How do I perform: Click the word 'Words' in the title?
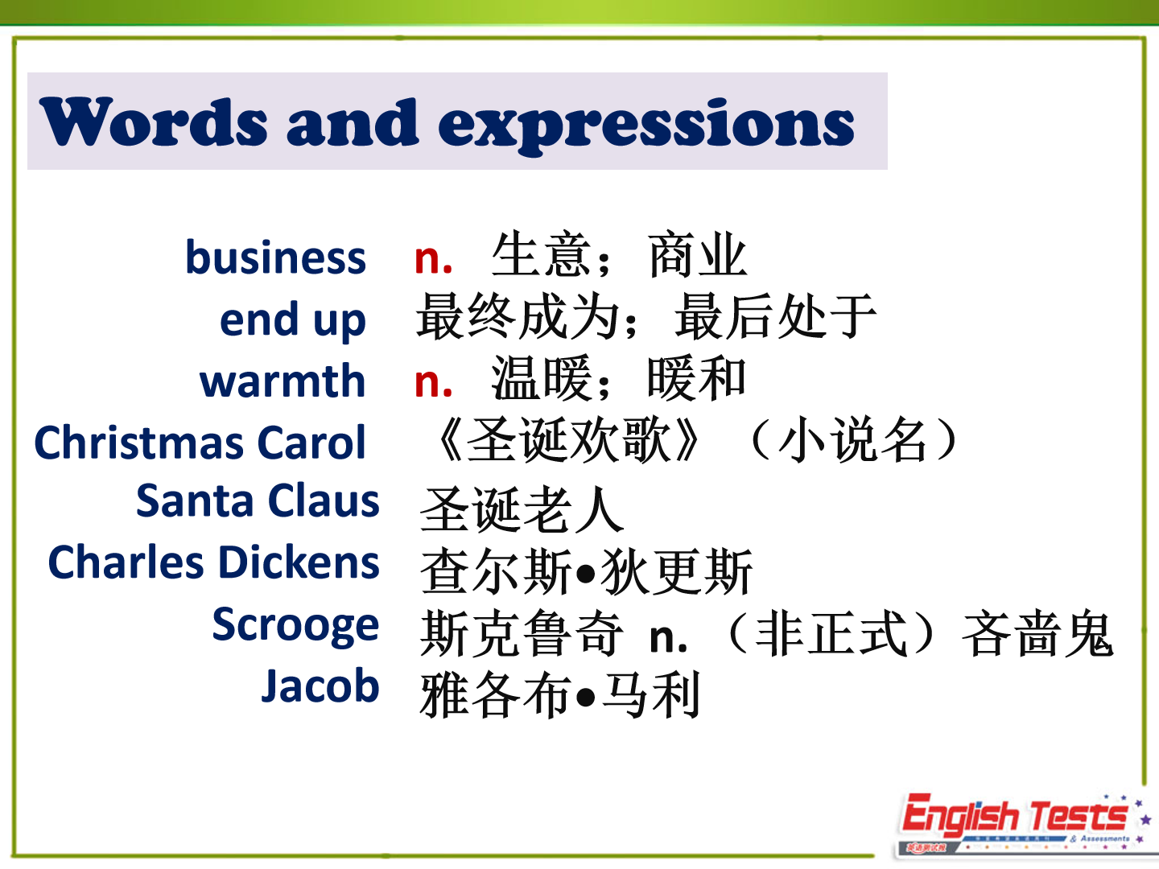(154, 121)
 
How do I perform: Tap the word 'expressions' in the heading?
(646, 126)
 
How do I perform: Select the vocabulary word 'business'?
(275, 257)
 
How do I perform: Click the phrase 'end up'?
(292, 320)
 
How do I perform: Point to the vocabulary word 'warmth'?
(283, 381)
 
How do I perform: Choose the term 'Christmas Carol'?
(200, 443)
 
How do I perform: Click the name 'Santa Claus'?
(258, 500)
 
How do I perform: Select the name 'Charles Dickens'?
(214, 562)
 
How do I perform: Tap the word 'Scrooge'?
(295, 625)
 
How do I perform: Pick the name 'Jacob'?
(320, 686)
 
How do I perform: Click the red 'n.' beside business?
(434, 259)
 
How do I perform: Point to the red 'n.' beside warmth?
(434, 382)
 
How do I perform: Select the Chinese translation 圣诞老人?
(522, 509)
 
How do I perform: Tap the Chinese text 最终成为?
(518, 316)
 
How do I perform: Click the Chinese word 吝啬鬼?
(1037, 634)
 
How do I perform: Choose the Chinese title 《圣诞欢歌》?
(567, 439)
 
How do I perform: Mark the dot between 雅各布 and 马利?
(586, 697)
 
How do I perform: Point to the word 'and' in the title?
(353, 121)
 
